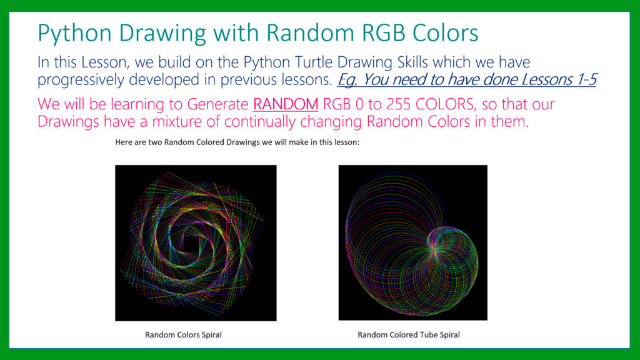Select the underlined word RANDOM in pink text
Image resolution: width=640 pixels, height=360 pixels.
(x=285, y=104)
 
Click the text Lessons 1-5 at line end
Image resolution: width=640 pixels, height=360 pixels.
(x=557, y=79)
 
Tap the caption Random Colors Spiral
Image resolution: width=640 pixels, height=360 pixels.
(x=183, y=335)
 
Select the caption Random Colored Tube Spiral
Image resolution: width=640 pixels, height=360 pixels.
(x=409, y=335)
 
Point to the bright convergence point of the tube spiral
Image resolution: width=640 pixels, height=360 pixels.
(x=434, y=248)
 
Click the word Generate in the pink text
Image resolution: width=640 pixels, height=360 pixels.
(x=217, y=104)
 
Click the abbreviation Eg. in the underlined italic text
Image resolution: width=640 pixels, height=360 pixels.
(x=347, y=79)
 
